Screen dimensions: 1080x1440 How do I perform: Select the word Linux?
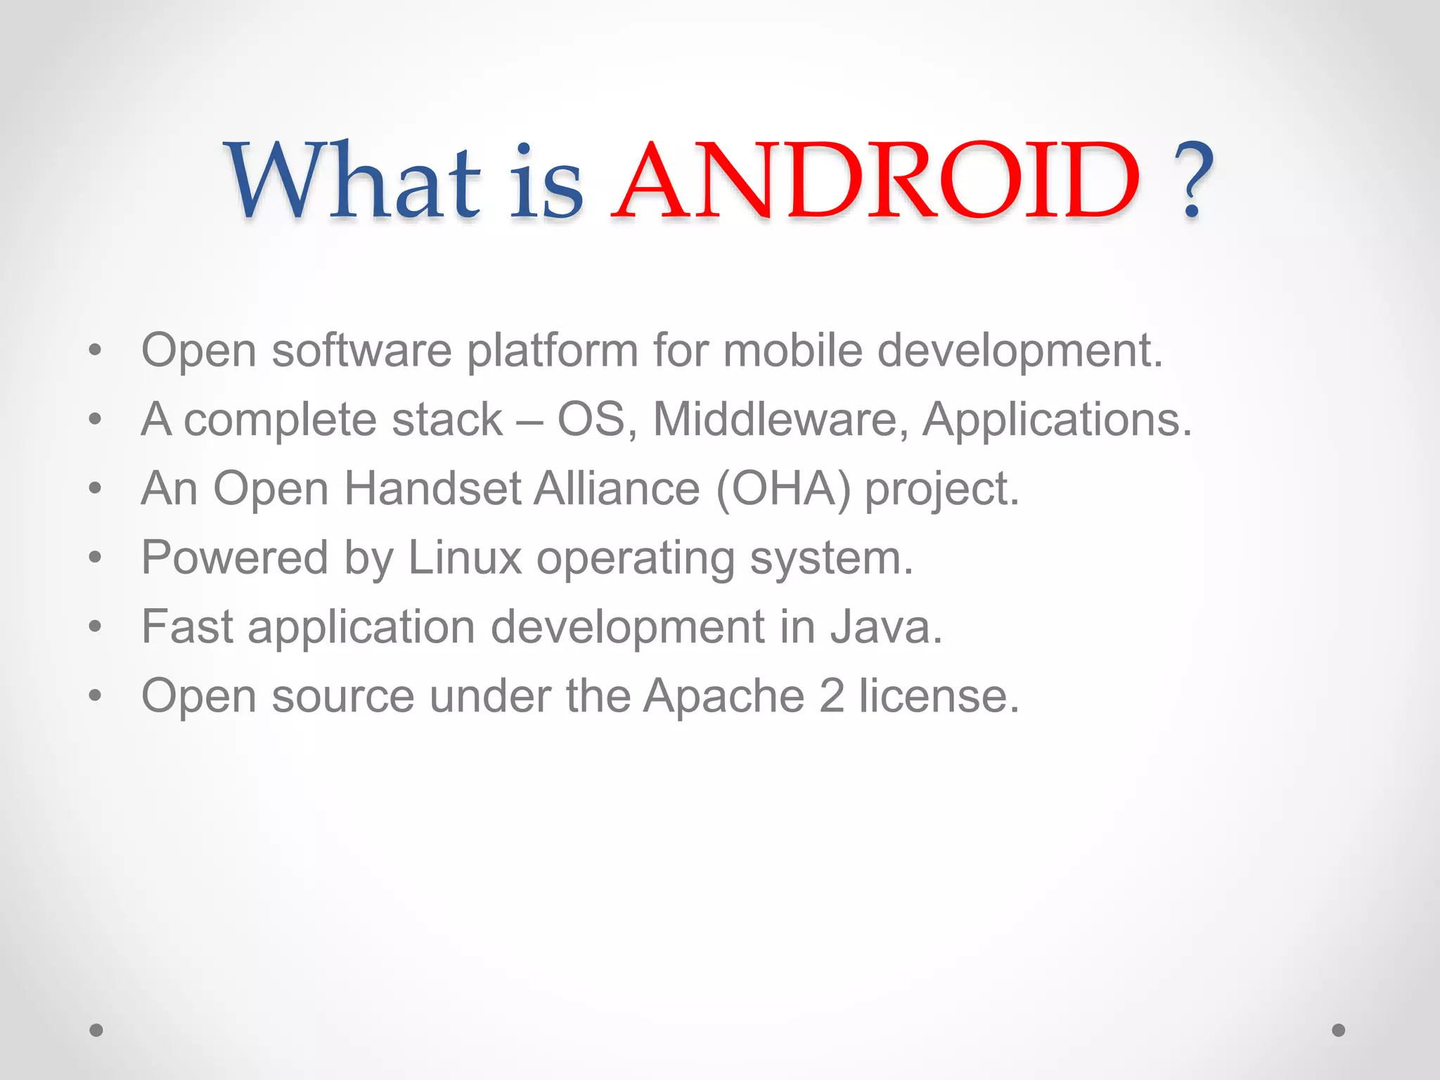click(x=464, y=558)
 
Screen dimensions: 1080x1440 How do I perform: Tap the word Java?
click(x=885, y=627)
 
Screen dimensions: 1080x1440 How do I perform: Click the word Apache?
click(x=724, y=696)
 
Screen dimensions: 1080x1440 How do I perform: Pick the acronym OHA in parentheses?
click(x=783, y=489)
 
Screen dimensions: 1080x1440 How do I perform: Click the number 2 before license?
click(x=832, y=696)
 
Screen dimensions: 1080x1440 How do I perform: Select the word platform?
click(x=552, y=352)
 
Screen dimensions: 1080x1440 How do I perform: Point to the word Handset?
click(x=432, y=489)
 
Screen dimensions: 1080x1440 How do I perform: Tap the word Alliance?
click(x=617, y=489)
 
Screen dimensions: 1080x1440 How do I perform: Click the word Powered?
click(x=235, y=558)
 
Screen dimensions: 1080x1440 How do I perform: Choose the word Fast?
click(x=187, y=627)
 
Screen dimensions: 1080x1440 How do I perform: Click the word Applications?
click(x=1057, y=420)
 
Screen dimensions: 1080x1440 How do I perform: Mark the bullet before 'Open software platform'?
click(x=96, y=350)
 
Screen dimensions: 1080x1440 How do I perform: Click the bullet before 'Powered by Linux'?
click(x=96, y=558)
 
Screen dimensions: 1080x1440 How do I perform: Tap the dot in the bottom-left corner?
click(x=96, y=1030)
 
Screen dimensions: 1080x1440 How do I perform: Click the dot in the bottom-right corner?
click(x=1339, y=1030)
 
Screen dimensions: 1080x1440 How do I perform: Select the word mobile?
click(x=792, y=350)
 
